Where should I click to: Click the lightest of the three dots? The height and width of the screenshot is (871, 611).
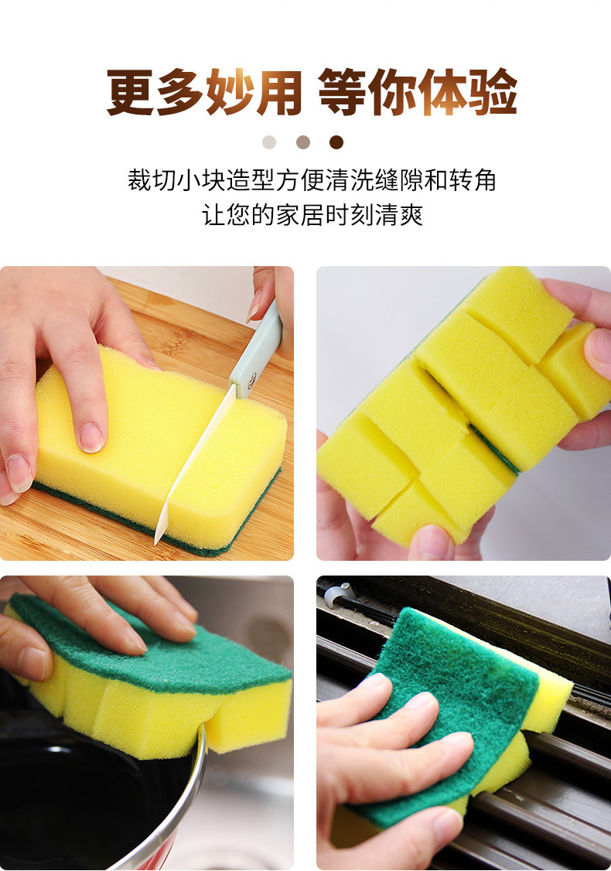tap(269, 142)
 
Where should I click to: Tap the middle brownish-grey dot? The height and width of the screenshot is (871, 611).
tap(303, 142)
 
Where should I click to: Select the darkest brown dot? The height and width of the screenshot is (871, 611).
tap(336, 142)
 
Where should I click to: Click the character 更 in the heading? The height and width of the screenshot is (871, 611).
tap(130, 93)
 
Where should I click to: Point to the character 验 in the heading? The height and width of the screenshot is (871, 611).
tap(493, 93)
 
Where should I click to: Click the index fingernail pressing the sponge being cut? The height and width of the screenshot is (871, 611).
tap(91, 437)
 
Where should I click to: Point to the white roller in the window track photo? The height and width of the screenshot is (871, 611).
tap(334, 595)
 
